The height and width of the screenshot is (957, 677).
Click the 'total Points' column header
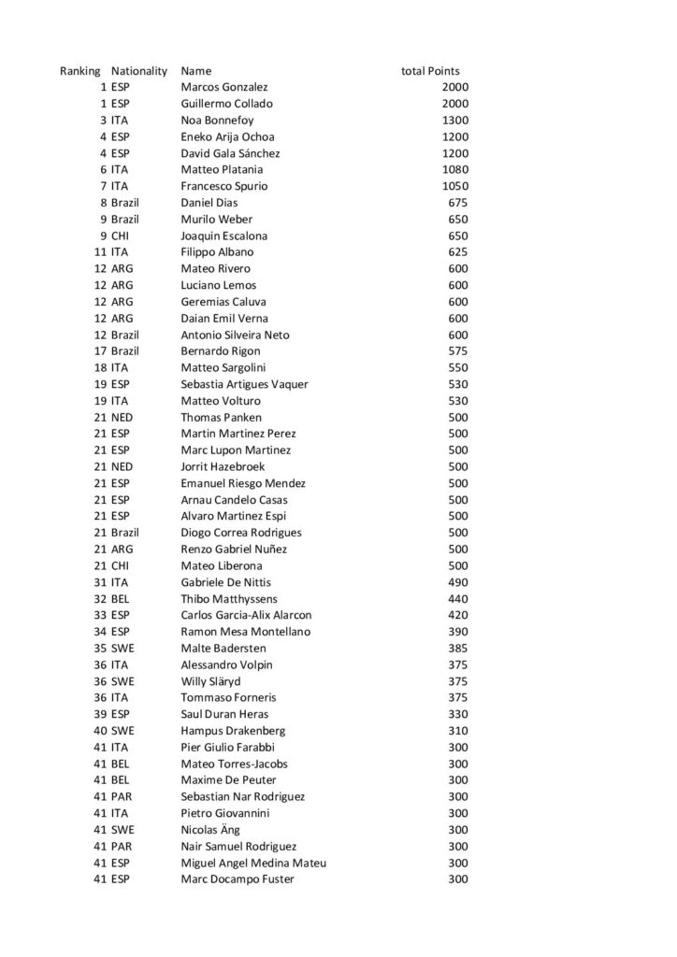[x=430, y=71]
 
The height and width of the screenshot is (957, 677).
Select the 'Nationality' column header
[x=138, y=71]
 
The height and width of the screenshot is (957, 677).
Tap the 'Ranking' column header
[x=79, y=71]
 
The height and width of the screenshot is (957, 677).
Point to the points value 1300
[x=455, y=121]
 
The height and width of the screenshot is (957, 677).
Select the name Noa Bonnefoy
[x=217, y=121]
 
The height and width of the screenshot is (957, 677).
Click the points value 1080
[x=455, y=170]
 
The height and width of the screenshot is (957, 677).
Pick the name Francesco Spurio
[x=224, y=186]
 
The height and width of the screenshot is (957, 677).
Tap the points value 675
[x=458, y=203]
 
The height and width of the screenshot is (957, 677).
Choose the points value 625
[x=458, y=252]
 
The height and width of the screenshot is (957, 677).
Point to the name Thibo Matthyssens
[x=228, y=599]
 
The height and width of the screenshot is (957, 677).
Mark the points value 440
[x=458, y=599]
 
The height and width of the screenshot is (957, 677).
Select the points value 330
[x=458, y=714]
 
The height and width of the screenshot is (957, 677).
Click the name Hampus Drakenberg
[x=233, y=731]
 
